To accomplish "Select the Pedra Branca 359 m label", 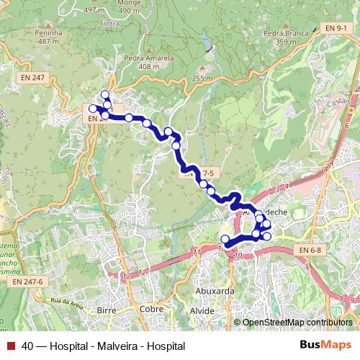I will [279, 37].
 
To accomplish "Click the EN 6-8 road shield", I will [308, 250].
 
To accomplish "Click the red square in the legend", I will [10, 346].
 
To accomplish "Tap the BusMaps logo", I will [325, 345].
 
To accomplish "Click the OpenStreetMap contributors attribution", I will [297, 323].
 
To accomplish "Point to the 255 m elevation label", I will [203, 78].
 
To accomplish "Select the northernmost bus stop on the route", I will [105, 94].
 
